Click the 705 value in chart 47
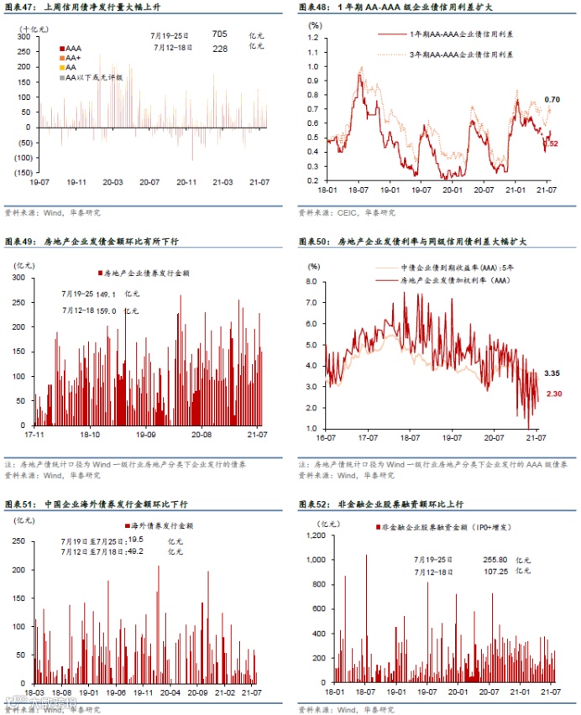coord(219,34)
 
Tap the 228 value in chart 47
coord(219,48)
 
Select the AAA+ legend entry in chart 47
coord(72,58)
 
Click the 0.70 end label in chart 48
coord(552,101)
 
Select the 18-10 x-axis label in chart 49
coord(90,436)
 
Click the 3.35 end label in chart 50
coord(552,372)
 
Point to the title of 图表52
coord(380,504)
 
